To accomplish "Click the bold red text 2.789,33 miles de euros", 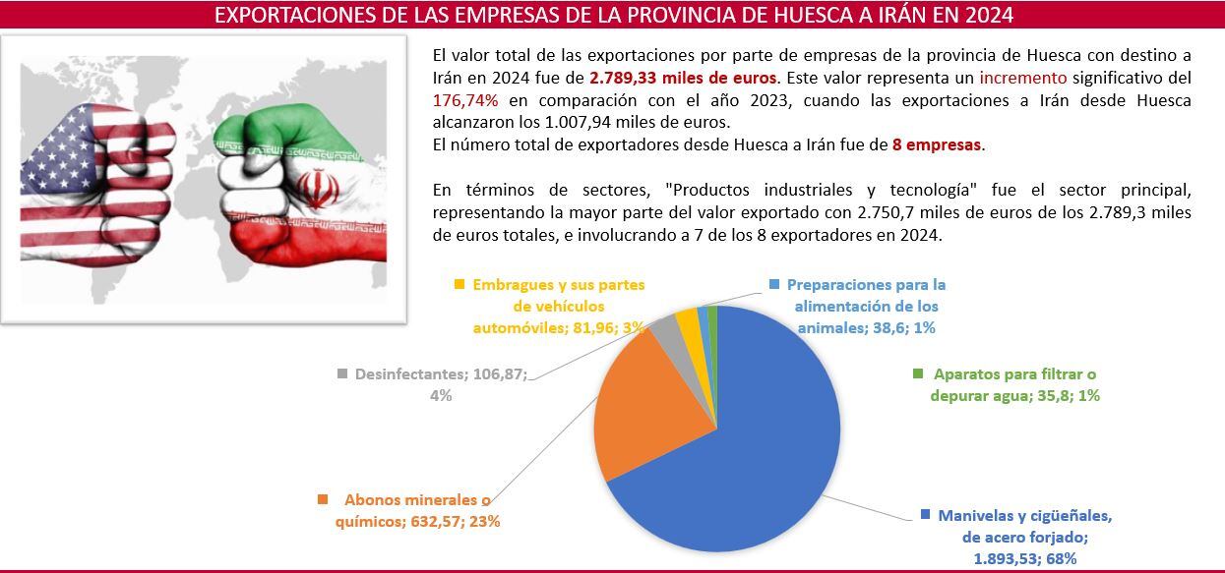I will (x=684, y=77).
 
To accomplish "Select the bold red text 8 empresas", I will (x=937, y=144).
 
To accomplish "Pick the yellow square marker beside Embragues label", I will (x=459, y=285).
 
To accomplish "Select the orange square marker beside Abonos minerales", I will (x=323, y=500).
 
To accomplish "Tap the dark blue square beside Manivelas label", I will (x=925, y=516).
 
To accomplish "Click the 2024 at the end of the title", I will (x=989, y=16).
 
